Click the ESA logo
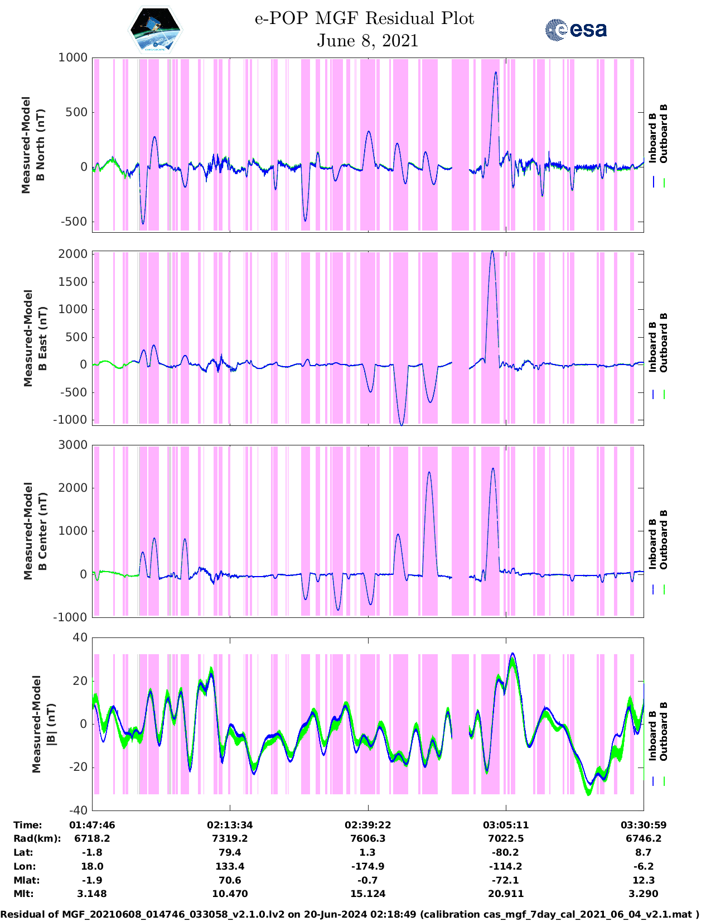575,30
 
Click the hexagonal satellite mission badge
155,29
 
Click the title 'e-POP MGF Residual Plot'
365,18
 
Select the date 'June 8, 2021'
367,41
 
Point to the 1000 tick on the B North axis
73,57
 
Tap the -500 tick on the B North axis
73,222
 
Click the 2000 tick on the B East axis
73,254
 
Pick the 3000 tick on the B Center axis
73,445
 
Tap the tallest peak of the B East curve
492,252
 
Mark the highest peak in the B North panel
496,72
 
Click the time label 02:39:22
367,825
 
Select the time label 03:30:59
644,825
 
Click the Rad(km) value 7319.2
230,838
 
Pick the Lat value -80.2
506,852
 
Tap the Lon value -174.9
367,866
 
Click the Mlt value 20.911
506,894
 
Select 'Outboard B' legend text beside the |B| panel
664,732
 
